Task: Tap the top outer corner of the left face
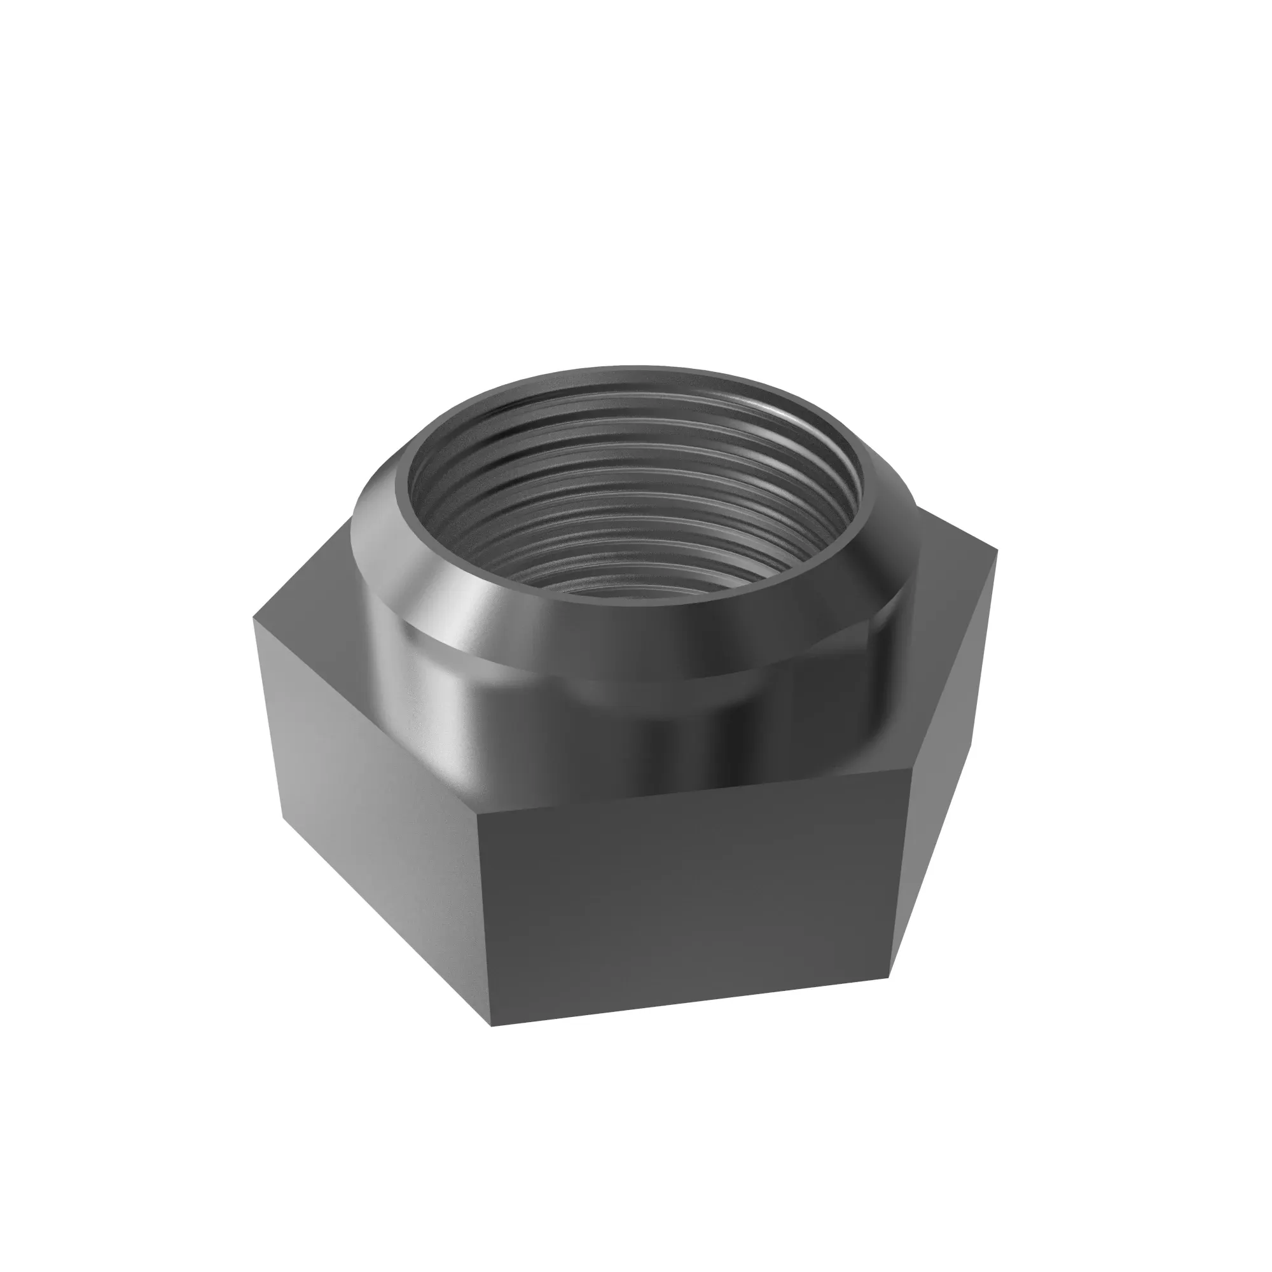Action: (254, 618)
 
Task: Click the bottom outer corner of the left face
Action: (284, 820)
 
